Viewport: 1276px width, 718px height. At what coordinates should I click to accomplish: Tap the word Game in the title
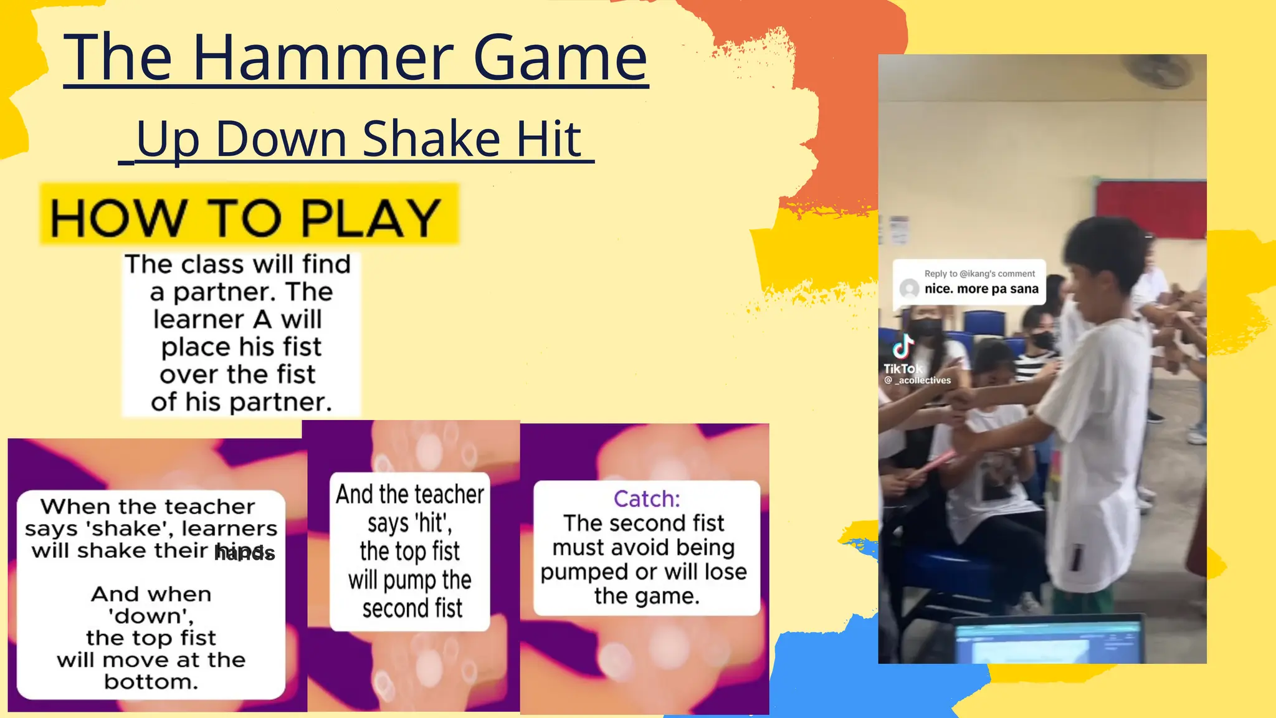coord(560,59)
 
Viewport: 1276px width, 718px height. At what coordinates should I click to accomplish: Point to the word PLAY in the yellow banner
coord(371,219)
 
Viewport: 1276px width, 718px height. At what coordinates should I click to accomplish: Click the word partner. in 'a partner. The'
coord(214,292)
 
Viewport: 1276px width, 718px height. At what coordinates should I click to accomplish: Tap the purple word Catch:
coord(647,499)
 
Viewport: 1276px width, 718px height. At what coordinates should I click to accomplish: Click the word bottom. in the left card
coord(151,682)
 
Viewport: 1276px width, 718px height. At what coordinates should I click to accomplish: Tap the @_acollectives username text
coord(918,380)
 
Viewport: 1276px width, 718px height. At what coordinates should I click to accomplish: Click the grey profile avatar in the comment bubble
coord(910,289)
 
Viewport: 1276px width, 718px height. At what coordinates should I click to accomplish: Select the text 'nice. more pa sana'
coord(981,289)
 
